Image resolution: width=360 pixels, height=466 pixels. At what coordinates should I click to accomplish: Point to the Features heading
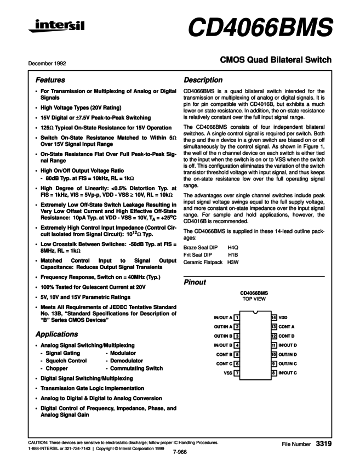pyautogui.click(x=50, y=79)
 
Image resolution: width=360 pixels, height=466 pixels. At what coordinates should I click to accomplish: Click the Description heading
pyautogui.click(x=203, y=79)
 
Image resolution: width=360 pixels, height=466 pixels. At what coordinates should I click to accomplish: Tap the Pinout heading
pyautogui.click(x=195, y=282)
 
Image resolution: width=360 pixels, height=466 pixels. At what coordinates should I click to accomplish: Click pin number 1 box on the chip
pyautogui.click(x=236, y=317)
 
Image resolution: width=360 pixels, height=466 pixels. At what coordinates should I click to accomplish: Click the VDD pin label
pyautogui.click(x=283, y=317)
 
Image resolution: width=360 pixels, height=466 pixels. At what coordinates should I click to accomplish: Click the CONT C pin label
pyautogui.click(x=224, y=363)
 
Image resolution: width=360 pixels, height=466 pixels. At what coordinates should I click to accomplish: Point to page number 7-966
pyautogui.click(x=180, y=452)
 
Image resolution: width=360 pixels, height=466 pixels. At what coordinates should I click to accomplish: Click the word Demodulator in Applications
pyautogui.click(x=127, y=361)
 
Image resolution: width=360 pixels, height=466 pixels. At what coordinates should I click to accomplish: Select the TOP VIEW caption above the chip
pyautogui.click(x=254, y=300)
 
